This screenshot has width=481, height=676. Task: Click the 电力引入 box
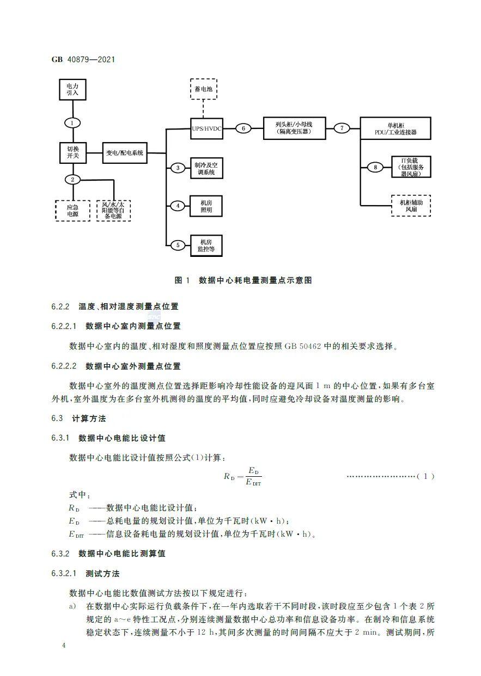(x=72, y=90)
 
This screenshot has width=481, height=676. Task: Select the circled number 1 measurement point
(x=72, y=123)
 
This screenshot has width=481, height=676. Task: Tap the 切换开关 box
(x=72, y=153)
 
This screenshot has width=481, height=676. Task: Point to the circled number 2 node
(x=72, y=180)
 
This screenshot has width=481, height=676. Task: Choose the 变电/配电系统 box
(x=125, y=153)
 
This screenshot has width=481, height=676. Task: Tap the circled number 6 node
(x=243, y=128)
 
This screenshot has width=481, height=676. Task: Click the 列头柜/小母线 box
(x=294, y=128)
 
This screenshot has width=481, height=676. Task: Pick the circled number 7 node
(x=342, y=128)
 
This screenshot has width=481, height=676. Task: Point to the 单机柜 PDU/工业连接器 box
(x=395, y=128)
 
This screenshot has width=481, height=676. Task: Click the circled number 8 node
(x=375, y=167)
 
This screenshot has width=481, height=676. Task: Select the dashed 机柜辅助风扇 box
(x=410, y=206)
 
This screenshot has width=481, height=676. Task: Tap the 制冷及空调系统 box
(x=205, y=168)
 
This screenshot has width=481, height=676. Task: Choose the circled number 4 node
(x=178, y=206)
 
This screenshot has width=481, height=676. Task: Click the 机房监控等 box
(x=205, y=245)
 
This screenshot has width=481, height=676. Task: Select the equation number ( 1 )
(x=425, y=477)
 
